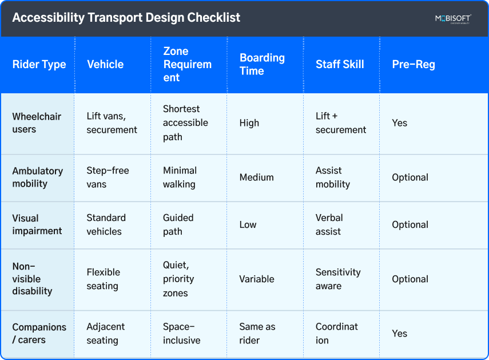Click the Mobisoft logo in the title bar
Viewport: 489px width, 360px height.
coord(452,19)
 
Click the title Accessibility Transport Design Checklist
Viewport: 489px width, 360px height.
coord(126,18)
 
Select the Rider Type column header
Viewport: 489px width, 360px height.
coord(39,64)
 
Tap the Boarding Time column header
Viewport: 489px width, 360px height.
coord(262,64)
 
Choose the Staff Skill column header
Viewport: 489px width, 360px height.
coord(340,64)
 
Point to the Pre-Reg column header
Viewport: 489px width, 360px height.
coord(414,64)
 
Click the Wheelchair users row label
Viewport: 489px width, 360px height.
coord(37,122)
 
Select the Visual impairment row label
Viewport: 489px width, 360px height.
coord(37,224)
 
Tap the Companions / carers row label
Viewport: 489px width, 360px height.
coord(39,334)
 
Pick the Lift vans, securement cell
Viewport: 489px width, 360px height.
coord(112,122)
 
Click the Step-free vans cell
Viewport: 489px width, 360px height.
coord(108,177)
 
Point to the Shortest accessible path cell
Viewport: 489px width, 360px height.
coord(185,122)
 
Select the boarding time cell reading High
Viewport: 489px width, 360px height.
coord(249,123)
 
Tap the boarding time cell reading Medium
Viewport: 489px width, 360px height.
coord(257,177)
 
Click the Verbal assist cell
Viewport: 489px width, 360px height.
coord(329,224)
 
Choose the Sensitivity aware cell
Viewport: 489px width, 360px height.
coord(338,279)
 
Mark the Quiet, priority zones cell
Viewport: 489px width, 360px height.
coord(178,279)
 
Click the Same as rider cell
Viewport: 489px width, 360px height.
coord(257,334)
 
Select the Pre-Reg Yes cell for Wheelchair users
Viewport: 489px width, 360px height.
coord(400,123)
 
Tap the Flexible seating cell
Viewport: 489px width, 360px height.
coord(103,279)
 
